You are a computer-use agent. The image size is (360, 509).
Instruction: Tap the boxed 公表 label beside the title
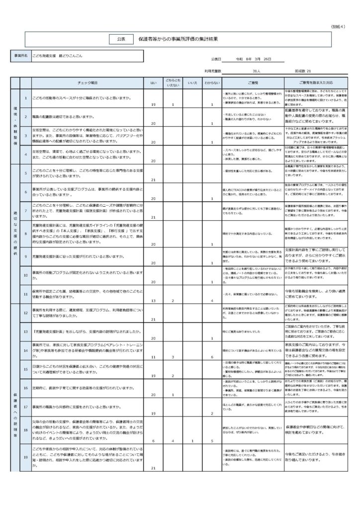[x=121, y=38]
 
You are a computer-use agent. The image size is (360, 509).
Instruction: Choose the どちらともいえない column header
[x=173, y=83]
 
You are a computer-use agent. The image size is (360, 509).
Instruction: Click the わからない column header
[x=212, y=83]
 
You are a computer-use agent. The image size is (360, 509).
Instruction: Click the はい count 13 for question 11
[x=153, y=301]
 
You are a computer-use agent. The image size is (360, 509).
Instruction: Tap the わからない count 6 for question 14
[x=212, y=357]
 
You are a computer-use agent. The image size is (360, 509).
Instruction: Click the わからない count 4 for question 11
[x=212, y=301]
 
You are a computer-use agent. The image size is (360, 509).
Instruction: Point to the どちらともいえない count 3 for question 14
[x=173, y=357]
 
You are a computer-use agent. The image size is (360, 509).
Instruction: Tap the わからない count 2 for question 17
[x=212, y=413]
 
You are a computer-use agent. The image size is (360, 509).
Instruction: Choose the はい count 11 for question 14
[x=153, y=357]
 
